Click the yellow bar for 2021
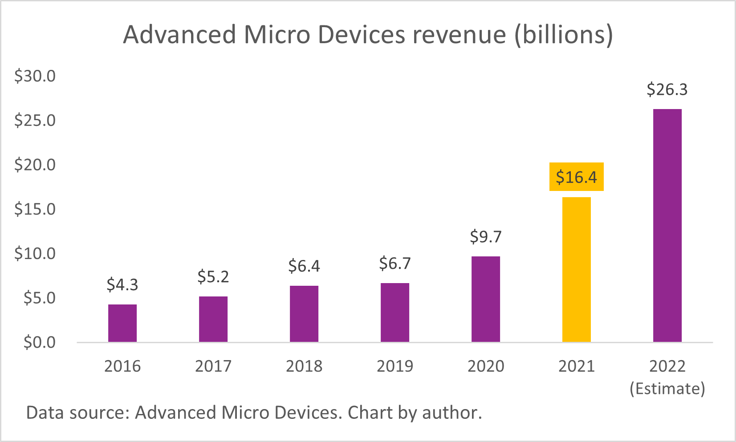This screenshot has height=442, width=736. (576, 269)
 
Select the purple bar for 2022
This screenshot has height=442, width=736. (667, 225)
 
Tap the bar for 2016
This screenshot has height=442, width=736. (122, 323)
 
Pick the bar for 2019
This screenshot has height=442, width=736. (395, 312)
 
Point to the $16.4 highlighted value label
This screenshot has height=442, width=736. (576, 177)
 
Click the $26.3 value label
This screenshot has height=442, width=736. (667, 89)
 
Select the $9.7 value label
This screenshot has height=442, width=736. (486, 236)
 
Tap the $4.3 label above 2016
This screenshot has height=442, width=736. (122, 284)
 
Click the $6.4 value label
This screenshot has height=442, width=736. (304, 266)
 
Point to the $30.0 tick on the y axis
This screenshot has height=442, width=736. (35, 76)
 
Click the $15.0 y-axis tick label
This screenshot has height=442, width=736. (35, 209)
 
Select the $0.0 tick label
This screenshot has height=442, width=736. (40, 342)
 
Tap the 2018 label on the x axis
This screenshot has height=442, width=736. (304, 366)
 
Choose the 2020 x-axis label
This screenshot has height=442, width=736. (486, 366)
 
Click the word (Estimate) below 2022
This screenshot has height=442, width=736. (667, 389)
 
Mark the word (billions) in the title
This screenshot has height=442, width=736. (564, 35)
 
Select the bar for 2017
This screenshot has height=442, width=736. (213, 319)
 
